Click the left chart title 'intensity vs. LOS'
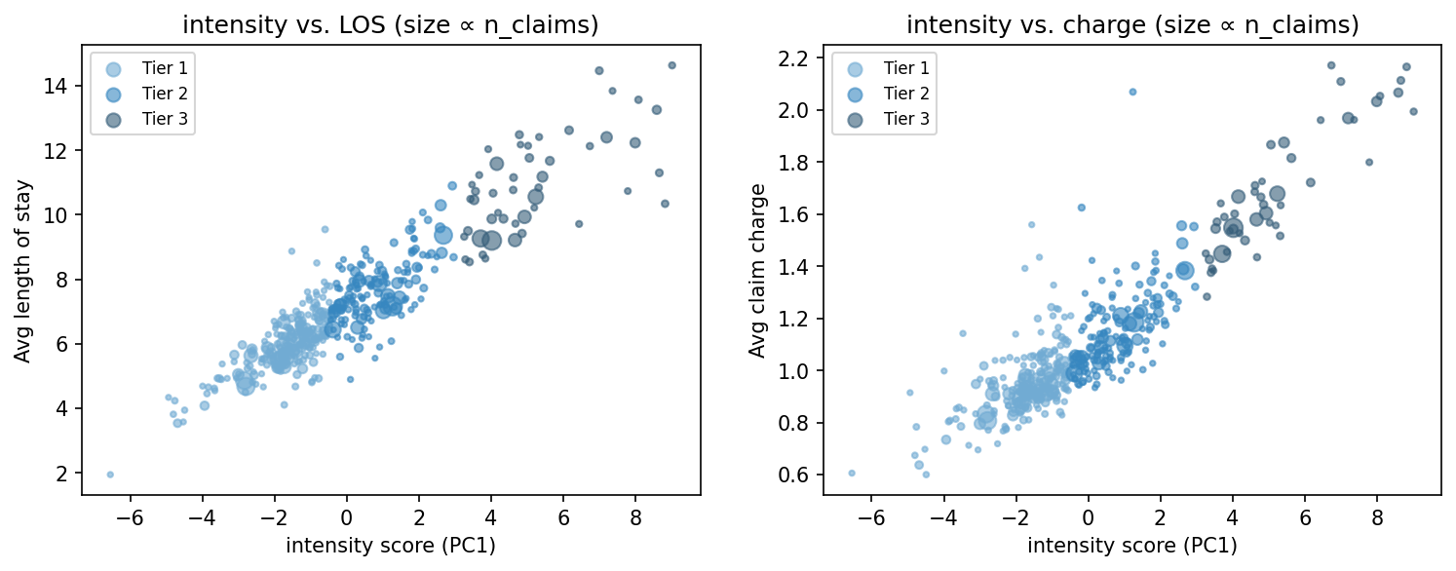pyautogui.click(x=390, y=25)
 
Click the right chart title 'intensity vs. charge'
pyautogui.click(x=1131, y=25)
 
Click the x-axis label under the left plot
pyautogui.click(x=390, y=546)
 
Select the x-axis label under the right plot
pyautogui.click(x=1131, y=546)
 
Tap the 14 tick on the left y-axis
pyautogui.click(x=63, y=86)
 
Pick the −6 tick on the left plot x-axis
pyautogui.click(x=126, y=516)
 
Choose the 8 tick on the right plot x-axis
pyautogui.click(x=1377, y=516)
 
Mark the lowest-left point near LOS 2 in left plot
pyautogui.click(x=110, y=475)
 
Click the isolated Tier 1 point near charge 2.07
pyautogui.click(x=1132, y=92)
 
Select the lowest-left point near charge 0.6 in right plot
pyautogui.click(x=851, y=473)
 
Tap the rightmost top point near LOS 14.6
pyautogui.click(x=671, y=65)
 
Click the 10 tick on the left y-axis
pyautogui.click(x=63, y=214)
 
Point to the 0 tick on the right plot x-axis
pyautogui.click(x=1088, y=516)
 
